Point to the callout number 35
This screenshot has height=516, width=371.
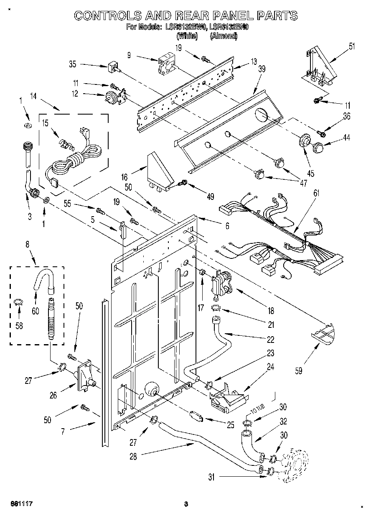coord(72,64)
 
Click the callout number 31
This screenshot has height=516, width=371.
coord(212,477)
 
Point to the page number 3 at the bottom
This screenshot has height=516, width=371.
coord(186,503)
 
